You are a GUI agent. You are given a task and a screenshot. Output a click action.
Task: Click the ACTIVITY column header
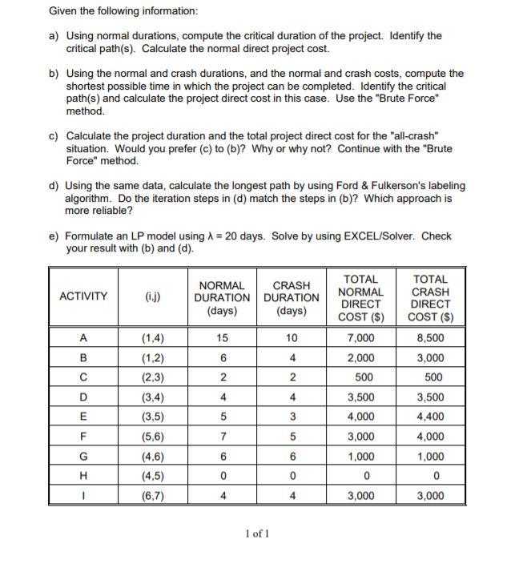pyautogui.click(x=82, y=296)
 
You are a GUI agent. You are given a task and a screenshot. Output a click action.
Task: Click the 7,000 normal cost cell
pyautogui.click(x=360, y=338)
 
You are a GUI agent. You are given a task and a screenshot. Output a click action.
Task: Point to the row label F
pyautogui.click(x=82, y=436)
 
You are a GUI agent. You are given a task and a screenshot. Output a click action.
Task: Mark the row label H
pyautogui.click(x=82, y=475)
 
